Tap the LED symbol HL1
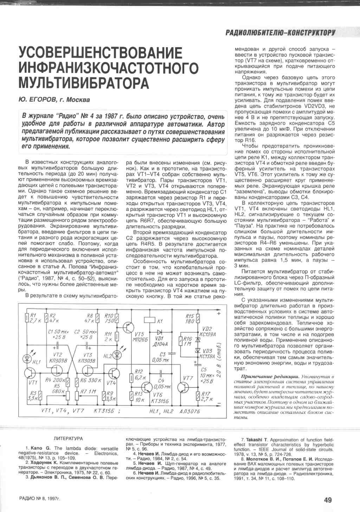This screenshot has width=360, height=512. coord(27,358)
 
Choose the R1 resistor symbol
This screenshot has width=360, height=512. coord(27,318)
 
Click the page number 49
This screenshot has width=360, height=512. coord(328,500)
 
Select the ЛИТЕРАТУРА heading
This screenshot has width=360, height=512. coord(69,439)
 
